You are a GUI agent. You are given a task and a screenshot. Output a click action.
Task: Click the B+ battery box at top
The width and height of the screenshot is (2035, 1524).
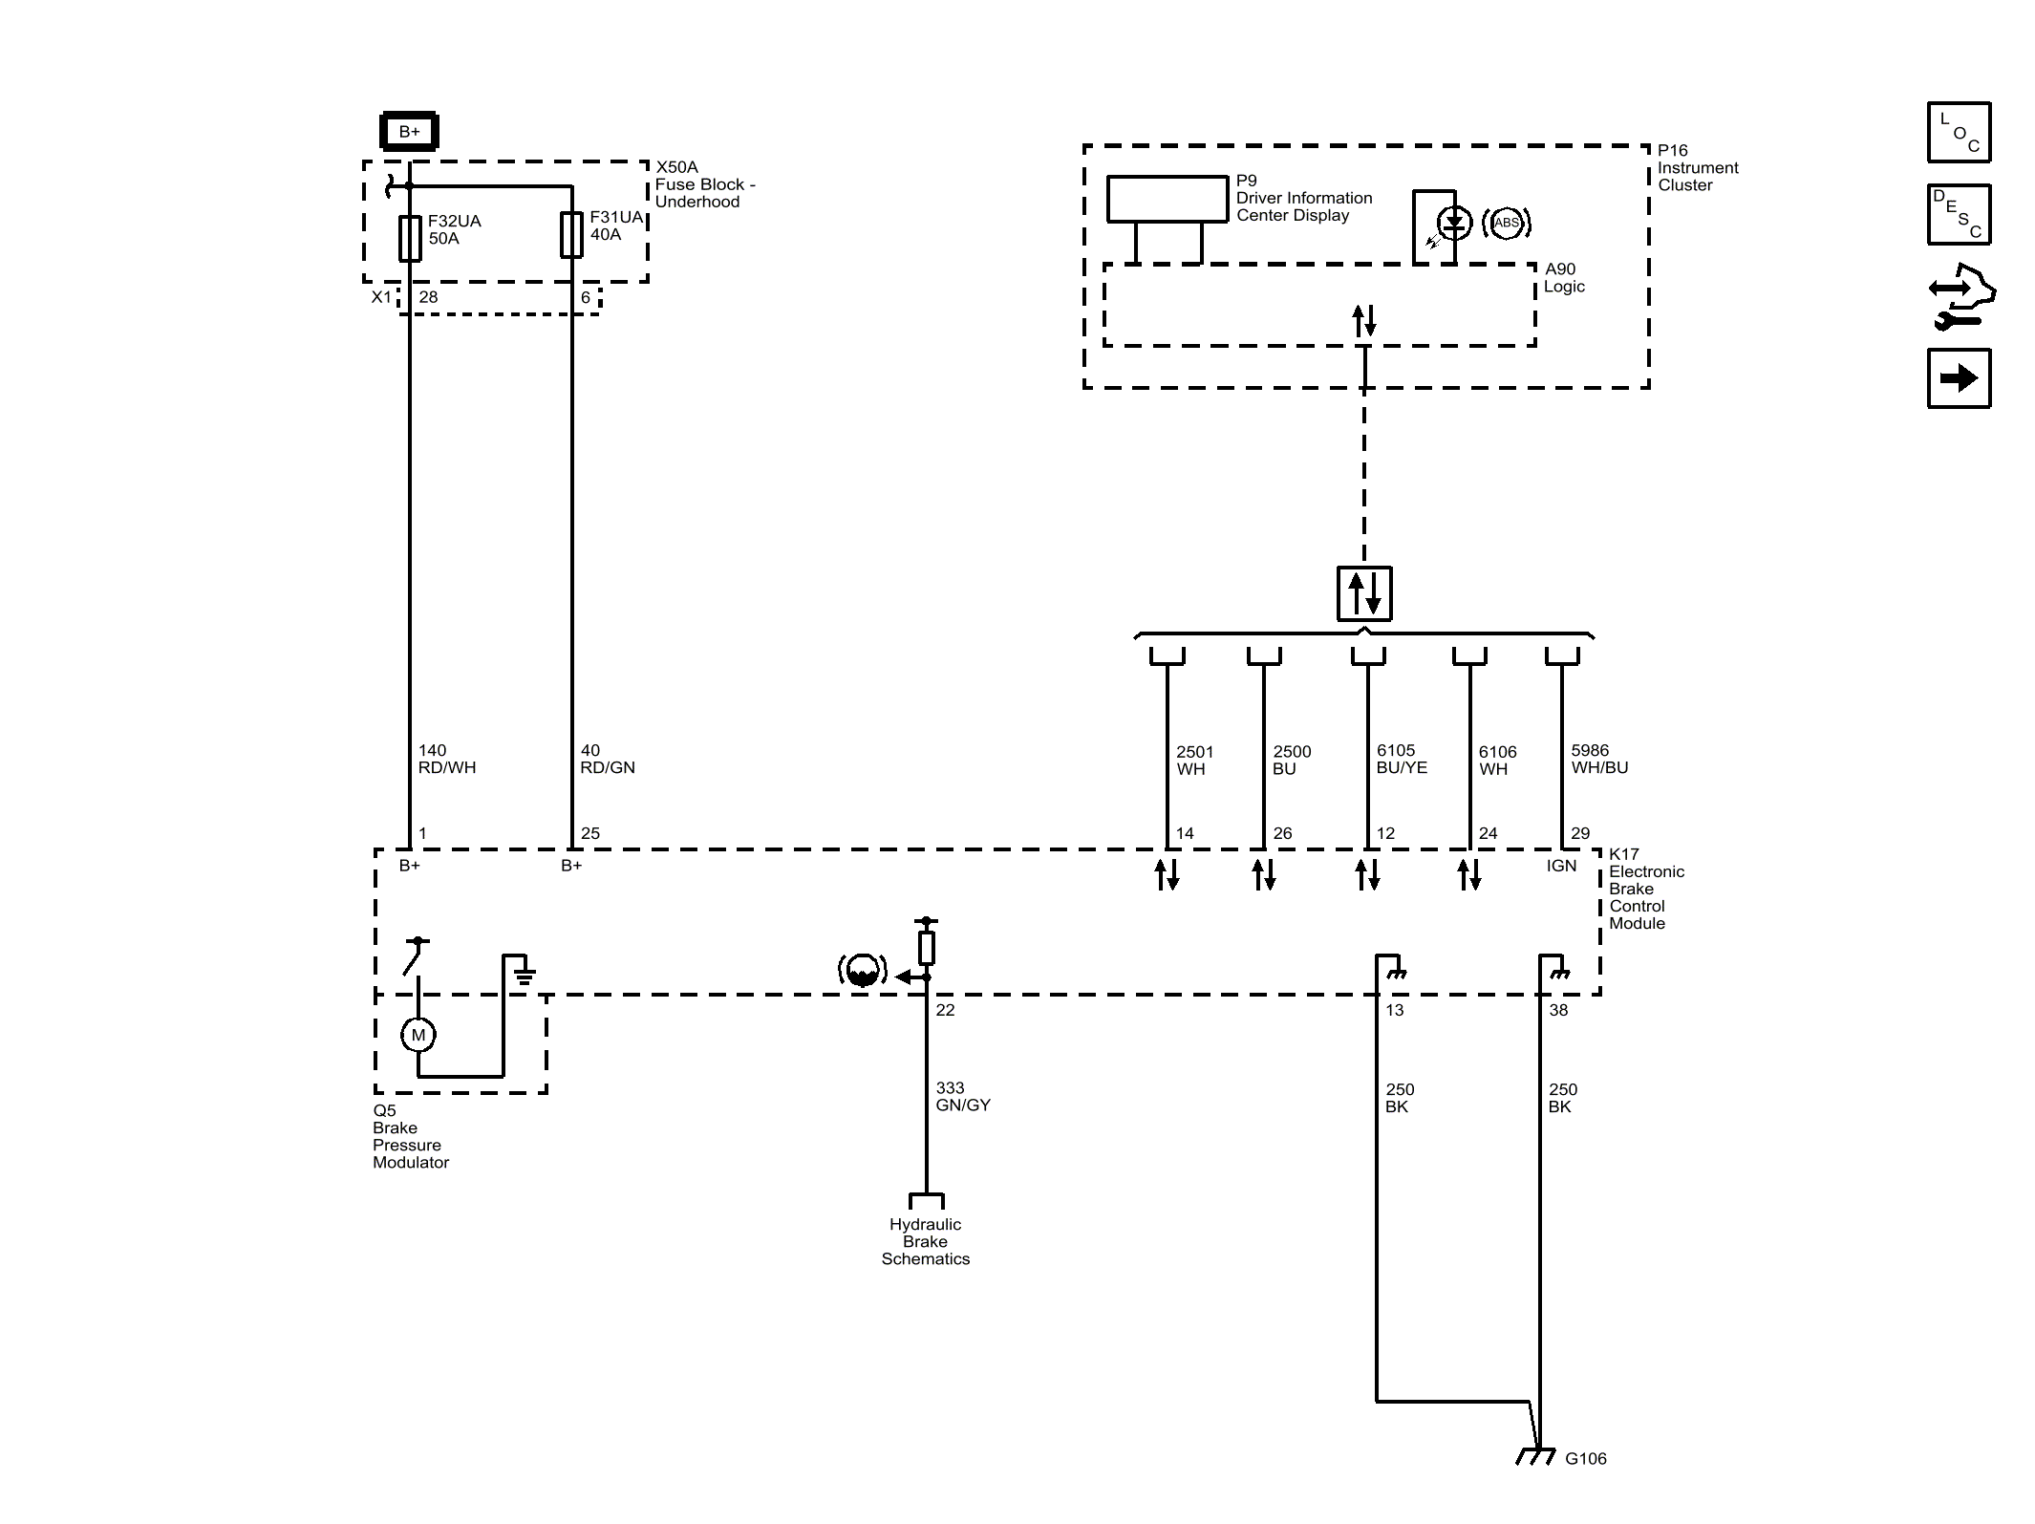coord(409,132)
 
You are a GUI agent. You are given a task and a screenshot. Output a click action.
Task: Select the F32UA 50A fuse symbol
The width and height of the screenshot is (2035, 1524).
coord(410,238)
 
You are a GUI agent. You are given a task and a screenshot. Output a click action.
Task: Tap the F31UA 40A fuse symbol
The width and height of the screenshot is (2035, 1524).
coord(571,235)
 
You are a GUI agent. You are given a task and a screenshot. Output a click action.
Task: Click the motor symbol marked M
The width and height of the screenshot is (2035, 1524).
coord(418,1035)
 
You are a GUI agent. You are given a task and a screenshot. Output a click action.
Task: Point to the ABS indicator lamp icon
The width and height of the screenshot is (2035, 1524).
coord(1506,224)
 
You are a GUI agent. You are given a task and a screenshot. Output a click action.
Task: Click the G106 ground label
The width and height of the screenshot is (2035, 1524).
coord(1586,1458)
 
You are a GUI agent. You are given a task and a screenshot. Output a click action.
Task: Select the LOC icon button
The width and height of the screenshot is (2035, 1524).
coord(1959,132)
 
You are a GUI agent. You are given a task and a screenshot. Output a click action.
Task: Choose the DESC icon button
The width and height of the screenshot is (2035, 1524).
coord(1959,215)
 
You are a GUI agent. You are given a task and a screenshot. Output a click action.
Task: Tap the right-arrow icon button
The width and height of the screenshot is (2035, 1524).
coord(1959,378)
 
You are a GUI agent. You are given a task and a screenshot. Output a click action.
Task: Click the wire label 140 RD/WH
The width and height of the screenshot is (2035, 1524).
coord(447,759)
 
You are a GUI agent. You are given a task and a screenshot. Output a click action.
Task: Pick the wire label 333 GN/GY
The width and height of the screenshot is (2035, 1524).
coord(963,1096)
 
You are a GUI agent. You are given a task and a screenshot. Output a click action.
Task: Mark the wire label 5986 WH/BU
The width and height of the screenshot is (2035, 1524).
coord(1599,759)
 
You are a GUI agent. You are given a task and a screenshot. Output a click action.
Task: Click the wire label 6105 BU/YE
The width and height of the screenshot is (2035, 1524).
coord(1402,759)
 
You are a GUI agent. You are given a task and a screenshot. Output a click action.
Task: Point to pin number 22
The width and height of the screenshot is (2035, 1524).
coord(945,1010)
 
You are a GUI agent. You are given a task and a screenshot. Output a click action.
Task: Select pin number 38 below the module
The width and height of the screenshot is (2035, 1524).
coord(1558,1010)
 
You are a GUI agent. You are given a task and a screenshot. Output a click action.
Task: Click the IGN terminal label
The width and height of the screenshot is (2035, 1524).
coord(1561,866)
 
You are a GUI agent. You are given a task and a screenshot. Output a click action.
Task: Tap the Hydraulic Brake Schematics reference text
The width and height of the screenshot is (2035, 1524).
coord(925,1241)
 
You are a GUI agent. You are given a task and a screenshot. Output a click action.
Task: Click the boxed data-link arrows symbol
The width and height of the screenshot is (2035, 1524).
coord(1363,593)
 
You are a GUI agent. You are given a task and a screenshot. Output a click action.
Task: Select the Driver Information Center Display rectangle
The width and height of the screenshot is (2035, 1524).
coord(1167,199)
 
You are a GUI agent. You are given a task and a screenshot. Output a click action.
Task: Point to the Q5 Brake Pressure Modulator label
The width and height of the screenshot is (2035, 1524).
coord(411,1136)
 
